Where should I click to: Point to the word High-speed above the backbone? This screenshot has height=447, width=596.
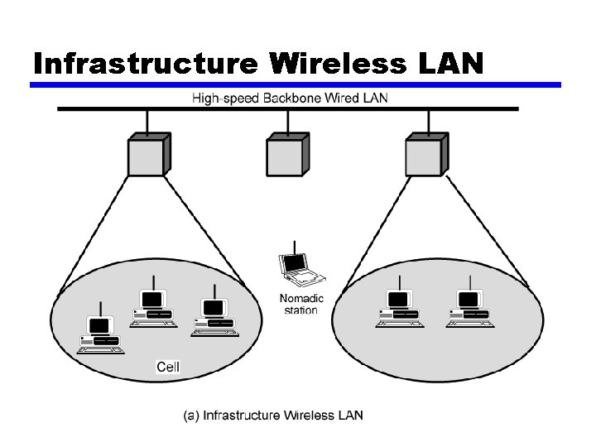225,99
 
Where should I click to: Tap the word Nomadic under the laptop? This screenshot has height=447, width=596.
302,299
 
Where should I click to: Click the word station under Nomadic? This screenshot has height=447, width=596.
300,310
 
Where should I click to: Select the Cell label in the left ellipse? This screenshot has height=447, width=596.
168,367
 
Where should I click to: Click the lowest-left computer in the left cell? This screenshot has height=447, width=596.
100,334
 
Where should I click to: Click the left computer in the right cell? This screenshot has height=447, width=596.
400,307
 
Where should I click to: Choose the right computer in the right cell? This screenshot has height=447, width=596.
469,307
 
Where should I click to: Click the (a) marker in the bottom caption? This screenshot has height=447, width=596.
191,416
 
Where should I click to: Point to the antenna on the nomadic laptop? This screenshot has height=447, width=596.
295,247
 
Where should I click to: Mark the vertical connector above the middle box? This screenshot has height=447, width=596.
288,123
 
